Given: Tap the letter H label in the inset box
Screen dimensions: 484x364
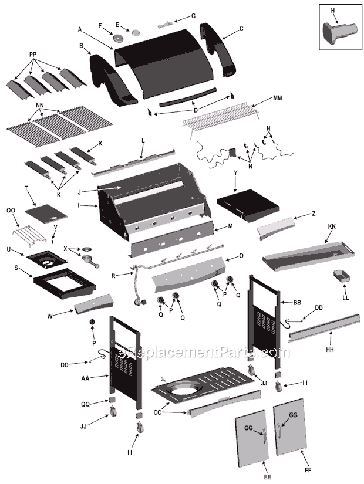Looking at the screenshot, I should pos(332,9).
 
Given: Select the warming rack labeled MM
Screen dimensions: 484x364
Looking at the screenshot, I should pos(221,114).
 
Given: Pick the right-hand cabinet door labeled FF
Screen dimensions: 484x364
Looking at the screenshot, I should pos(296,426).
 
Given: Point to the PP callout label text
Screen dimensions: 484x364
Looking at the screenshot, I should pos(33,54).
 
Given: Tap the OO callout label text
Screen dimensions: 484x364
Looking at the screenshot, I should pos(10,210).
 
